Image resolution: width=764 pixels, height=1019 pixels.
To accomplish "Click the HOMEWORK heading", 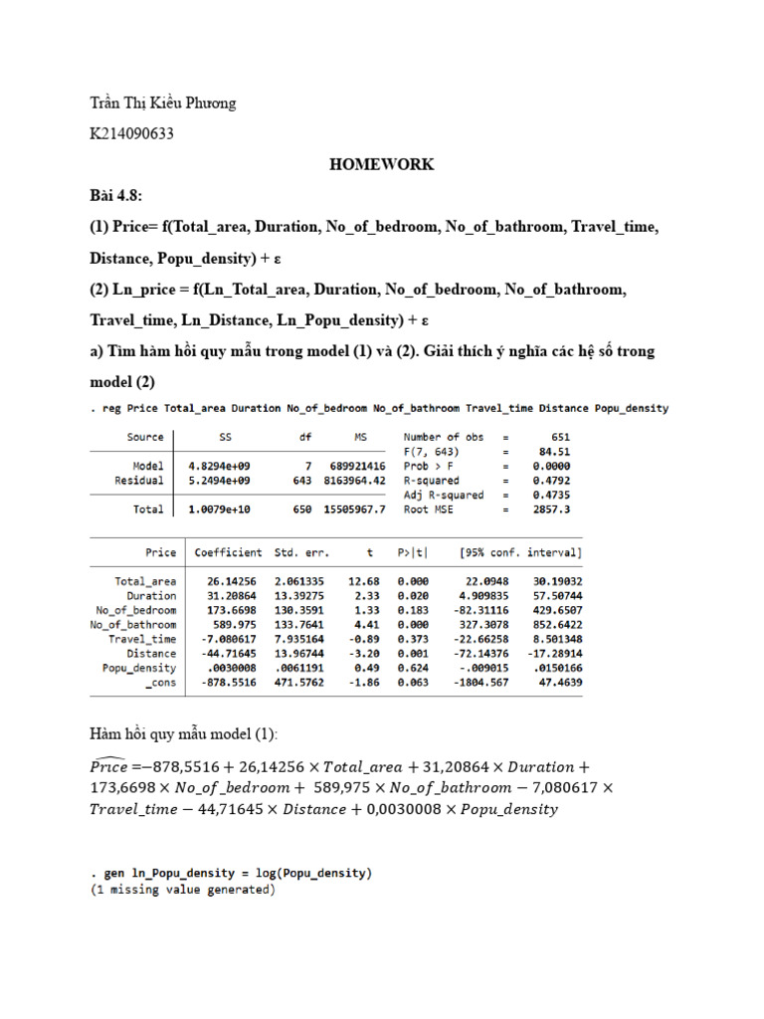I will [382, 164].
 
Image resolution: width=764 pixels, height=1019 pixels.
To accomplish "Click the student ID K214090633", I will [131, 133].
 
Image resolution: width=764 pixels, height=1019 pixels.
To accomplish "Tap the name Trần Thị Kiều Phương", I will [163, 102].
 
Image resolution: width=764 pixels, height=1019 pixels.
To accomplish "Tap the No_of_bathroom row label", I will [133, 624].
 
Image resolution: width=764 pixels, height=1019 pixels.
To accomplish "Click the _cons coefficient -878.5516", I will [228, 683].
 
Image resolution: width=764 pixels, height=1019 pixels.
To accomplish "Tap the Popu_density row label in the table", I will [139, 668].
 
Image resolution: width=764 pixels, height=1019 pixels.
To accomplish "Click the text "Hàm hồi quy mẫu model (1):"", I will [184, 734].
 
